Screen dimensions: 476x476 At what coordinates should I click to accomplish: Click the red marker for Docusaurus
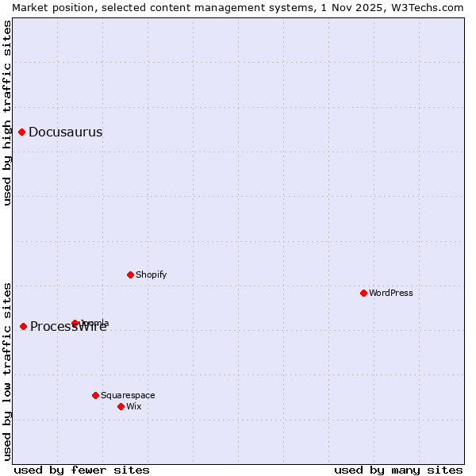click(22, 132)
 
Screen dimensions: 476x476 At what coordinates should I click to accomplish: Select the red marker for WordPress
click(364, 294)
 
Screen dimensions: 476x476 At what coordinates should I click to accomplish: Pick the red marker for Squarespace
click(96, 396)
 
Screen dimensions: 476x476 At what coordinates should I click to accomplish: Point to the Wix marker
click(121, 407)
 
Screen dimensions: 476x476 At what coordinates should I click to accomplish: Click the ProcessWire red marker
click(24, 327)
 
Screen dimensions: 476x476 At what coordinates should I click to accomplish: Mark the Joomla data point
click(75, 324)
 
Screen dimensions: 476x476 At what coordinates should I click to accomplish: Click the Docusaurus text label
click(65, 132)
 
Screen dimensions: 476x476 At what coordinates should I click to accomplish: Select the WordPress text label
click(391, 294)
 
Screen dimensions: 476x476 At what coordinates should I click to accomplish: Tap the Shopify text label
click(151, 275)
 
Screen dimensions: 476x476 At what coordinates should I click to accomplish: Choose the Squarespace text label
click(128, 396)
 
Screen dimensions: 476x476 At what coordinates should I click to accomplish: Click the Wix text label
click(134, 407)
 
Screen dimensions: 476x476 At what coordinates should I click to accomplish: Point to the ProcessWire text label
click(68, 327)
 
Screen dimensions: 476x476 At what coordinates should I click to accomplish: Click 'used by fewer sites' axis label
click(82, 470)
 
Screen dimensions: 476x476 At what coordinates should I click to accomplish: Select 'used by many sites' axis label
click(398, 470)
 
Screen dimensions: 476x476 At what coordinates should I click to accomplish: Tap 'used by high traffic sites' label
click(7, 113)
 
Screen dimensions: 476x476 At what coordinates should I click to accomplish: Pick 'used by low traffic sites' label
click(7, 370)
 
